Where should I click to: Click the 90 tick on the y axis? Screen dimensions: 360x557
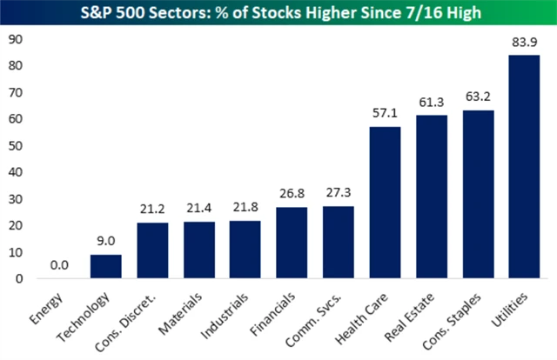pos(15,39)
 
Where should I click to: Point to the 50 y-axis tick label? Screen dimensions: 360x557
pos(15,145)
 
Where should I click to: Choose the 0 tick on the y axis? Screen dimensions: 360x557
pos(18,278)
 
